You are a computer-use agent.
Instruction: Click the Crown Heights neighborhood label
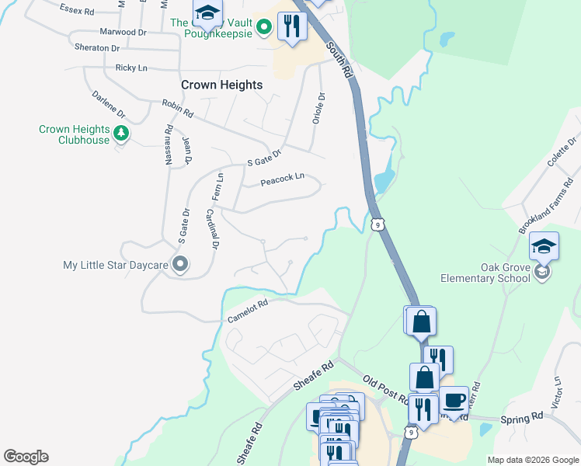(221, 85)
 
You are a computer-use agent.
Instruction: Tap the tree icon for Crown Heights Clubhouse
(120, 134)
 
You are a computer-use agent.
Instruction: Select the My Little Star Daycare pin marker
(180, 265)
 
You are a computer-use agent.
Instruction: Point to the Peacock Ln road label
(280, 183)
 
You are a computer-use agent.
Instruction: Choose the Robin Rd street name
(177, 108)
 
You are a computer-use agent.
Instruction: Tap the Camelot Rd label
(248, 311)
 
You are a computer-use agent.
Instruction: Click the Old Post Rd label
(385, 389)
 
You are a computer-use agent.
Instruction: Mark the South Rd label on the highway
(339, 58)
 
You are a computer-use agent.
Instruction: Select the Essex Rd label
(78, 12)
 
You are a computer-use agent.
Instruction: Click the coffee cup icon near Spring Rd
(455, 401)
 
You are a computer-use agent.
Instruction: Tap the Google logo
(26, 457)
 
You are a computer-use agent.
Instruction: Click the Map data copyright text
(532, 460)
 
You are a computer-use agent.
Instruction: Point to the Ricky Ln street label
(131, 68)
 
